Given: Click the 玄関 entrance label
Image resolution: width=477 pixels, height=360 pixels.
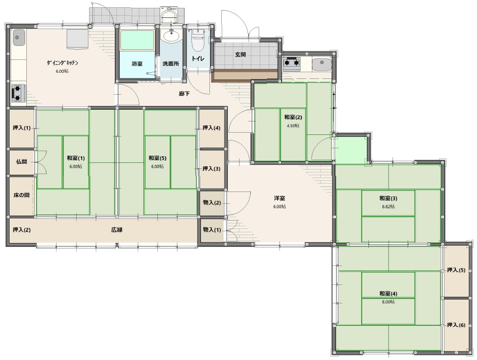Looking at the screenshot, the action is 240,55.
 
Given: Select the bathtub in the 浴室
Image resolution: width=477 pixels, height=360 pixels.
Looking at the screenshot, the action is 138,40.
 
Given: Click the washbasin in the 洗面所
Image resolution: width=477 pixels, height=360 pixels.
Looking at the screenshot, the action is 171,36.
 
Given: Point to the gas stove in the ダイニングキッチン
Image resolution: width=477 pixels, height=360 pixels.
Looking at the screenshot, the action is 18,93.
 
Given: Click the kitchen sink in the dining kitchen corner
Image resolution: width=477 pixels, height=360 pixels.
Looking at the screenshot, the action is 18,38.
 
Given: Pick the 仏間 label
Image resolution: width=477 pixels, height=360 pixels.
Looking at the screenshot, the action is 21,162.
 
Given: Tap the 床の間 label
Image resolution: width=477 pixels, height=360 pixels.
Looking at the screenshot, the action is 21,195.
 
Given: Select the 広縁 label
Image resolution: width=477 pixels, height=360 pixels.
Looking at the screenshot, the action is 117,230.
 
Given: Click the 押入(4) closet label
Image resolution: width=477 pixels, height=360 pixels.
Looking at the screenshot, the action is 212,128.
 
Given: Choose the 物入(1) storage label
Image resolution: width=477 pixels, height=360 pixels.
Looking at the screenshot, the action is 212,230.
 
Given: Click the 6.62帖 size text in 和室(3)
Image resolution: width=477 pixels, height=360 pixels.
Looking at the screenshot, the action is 389,207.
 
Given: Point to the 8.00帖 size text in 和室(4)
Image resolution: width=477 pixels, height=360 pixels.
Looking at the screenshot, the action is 389,302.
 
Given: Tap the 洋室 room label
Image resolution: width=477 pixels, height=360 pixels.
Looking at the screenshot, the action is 279,198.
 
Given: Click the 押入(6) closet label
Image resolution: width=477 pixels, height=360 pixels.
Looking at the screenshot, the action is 456,325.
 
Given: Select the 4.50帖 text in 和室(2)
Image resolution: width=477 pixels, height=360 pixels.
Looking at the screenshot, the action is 293,125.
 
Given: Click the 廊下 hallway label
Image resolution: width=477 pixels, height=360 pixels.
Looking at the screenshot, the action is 184,93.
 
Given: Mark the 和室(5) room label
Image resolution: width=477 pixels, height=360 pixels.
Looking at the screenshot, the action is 157,158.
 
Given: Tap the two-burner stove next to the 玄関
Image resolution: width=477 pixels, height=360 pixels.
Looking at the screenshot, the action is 292,62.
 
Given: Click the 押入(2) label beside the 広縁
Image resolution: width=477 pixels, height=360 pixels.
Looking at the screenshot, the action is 22,230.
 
